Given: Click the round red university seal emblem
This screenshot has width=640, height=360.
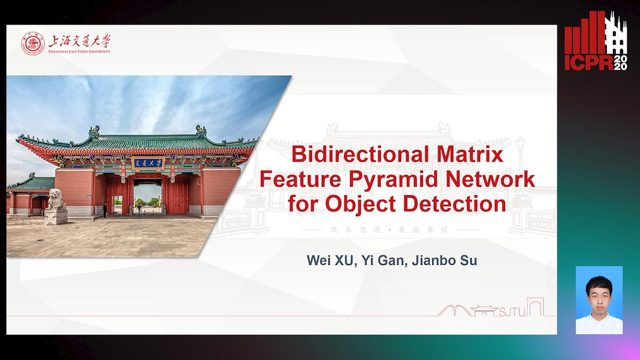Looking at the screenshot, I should click(33, 44).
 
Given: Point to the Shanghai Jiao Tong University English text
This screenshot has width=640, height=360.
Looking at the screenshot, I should click(79, 51).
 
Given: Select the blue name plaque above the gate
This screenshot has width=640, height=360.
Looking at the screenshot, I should click(148, 163).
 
